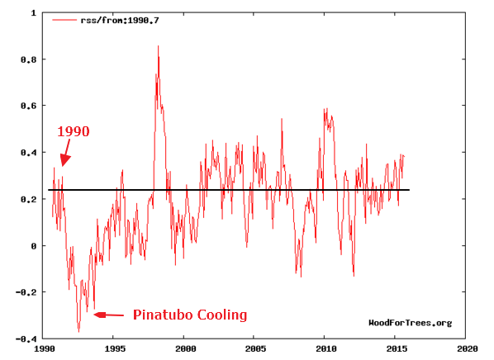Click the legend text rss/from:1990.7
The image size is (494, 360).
tap(120, 21)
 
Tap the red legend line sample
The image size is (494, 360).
tap(64, 20)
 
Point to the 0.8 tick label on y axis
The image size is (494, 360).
tap(29, 59)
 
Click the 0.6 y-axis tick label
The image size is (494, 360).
tap(29, 106)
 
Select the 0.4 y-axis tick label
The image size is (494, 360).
tap(29, 153)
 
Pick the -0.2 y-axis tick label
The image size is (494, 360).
tap(26, 292)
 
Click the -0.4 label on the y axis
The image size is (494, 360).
tap(26, 339)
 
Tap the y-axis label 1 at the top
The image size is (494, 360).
tap(34, 13)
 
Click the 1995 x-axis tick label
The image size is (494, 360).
tap(115, 348)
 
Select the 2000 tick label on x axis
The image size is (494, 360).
tap(186, 348)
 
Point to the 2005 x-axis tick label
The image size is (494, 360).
tap(256, 348)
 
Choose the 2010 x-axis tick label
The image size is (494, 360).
tap(326, 348)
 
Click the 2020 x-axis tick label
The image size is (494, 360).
tap(468, 348)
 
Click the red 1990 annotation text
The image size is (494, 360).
tap(73, 131)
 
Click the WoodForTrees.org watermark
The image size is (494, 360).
tap(411, 323)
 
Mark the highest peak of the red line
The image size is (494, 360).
tap(158, 46)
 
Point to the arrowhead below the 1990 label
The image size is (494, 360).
tap(64, 161)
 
